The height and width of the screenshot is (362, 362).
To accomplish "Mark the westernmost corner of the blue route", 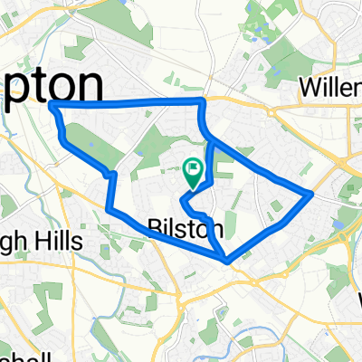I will pos(51,107).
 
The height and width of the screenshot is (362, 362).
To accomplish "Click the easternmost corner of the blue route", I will pos(312,193).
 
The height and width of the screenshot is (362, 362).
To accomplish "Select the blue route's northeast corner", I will pos(200,101).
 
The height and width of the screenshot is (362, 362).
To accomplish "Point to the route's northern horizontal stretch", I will pos(127,104).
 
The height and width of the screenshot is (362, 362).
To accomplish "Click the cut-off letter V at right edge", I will pos(357,299).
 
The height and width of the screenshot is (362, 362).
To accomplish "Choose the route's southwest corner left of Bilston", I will pos(109,210).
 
